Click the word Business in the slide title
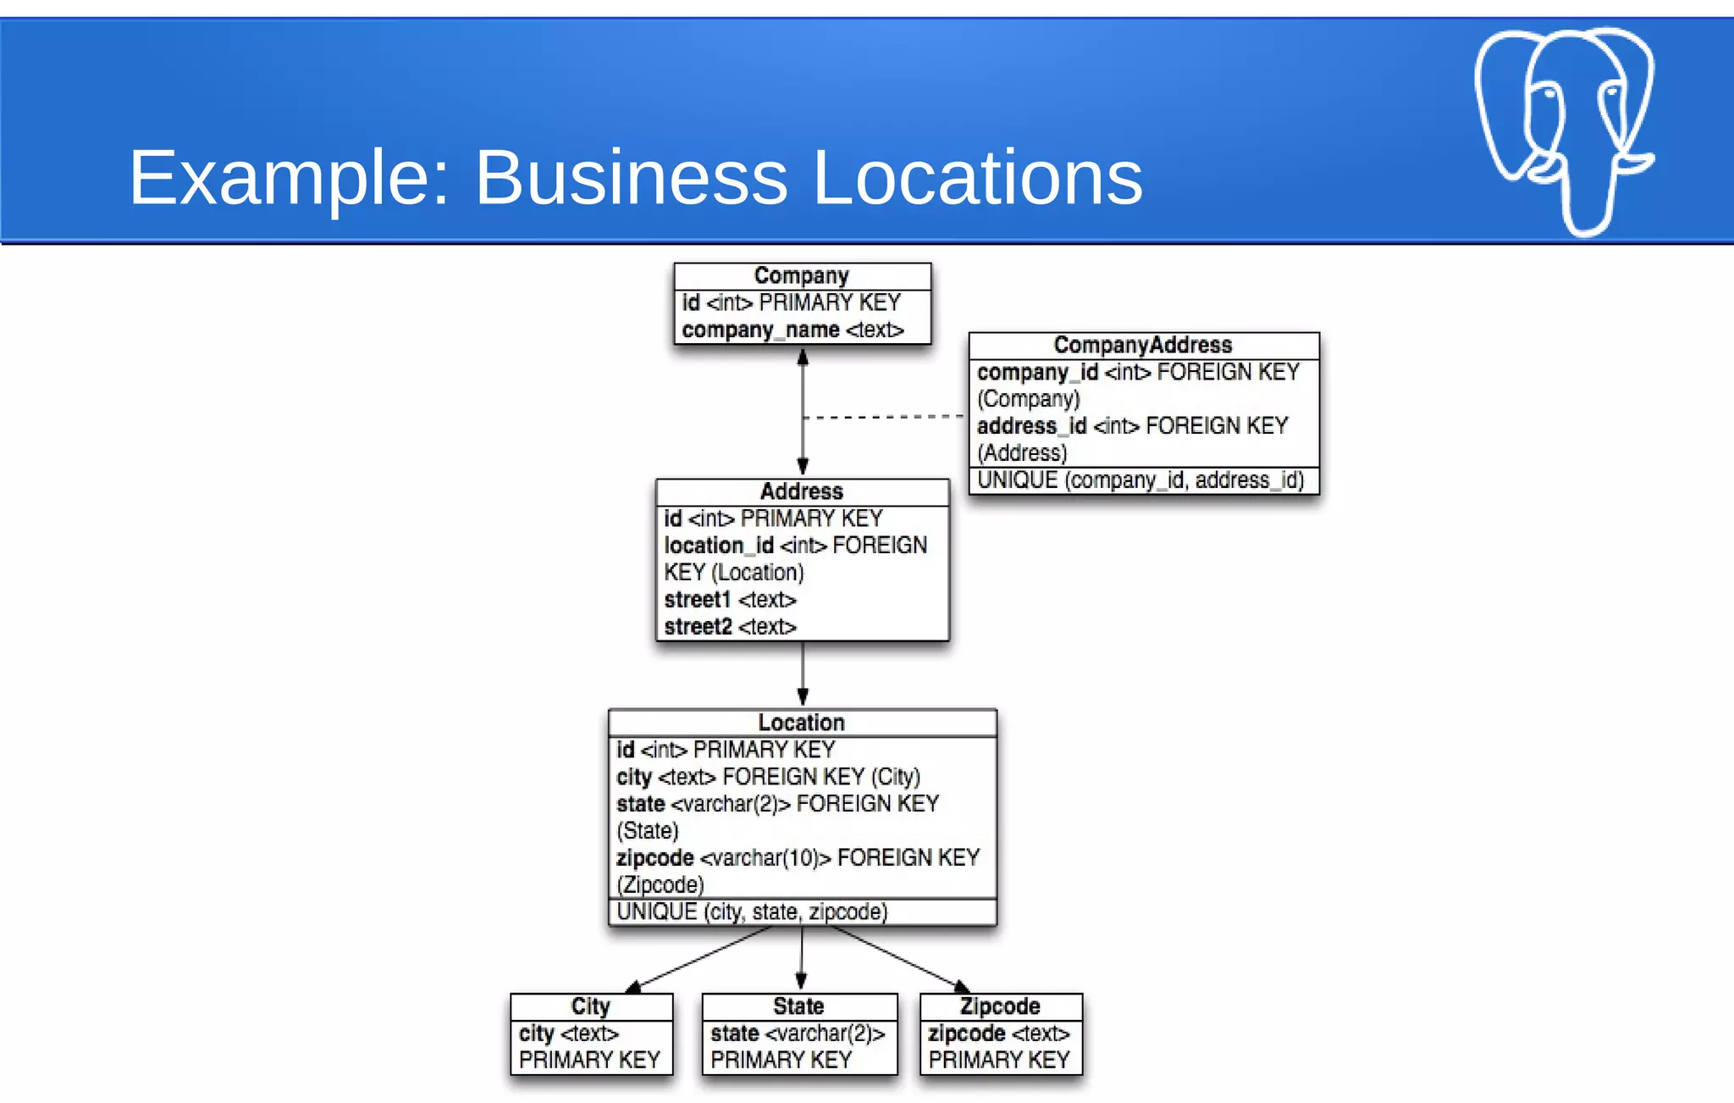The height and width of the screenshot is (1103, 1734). click(631, 178)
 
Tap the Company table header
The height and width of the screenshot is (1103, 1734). click(802, 276)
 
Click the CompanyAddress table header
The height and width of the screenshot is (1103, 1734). click(1143, 345)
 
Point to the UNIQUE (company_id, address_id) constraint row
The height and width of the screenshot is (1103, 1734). click(1140, 480)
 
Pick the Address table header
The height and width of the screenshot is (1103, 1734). click(802, 491)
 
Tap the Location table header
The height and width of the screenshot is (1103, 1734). click(802, 723)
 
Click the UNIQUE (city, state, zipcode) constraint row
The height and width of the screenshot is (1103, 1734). click(752, 912)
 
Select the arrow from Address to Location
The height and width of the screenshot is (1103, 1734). click(803, 674)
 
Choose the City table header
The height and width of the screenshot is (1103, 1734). click(591, 1006)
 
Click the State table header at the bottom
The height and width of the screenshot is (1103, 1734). click(798, 1006)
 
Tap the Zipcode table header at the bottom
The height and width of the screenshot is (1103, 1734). click(1000, 1006)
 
